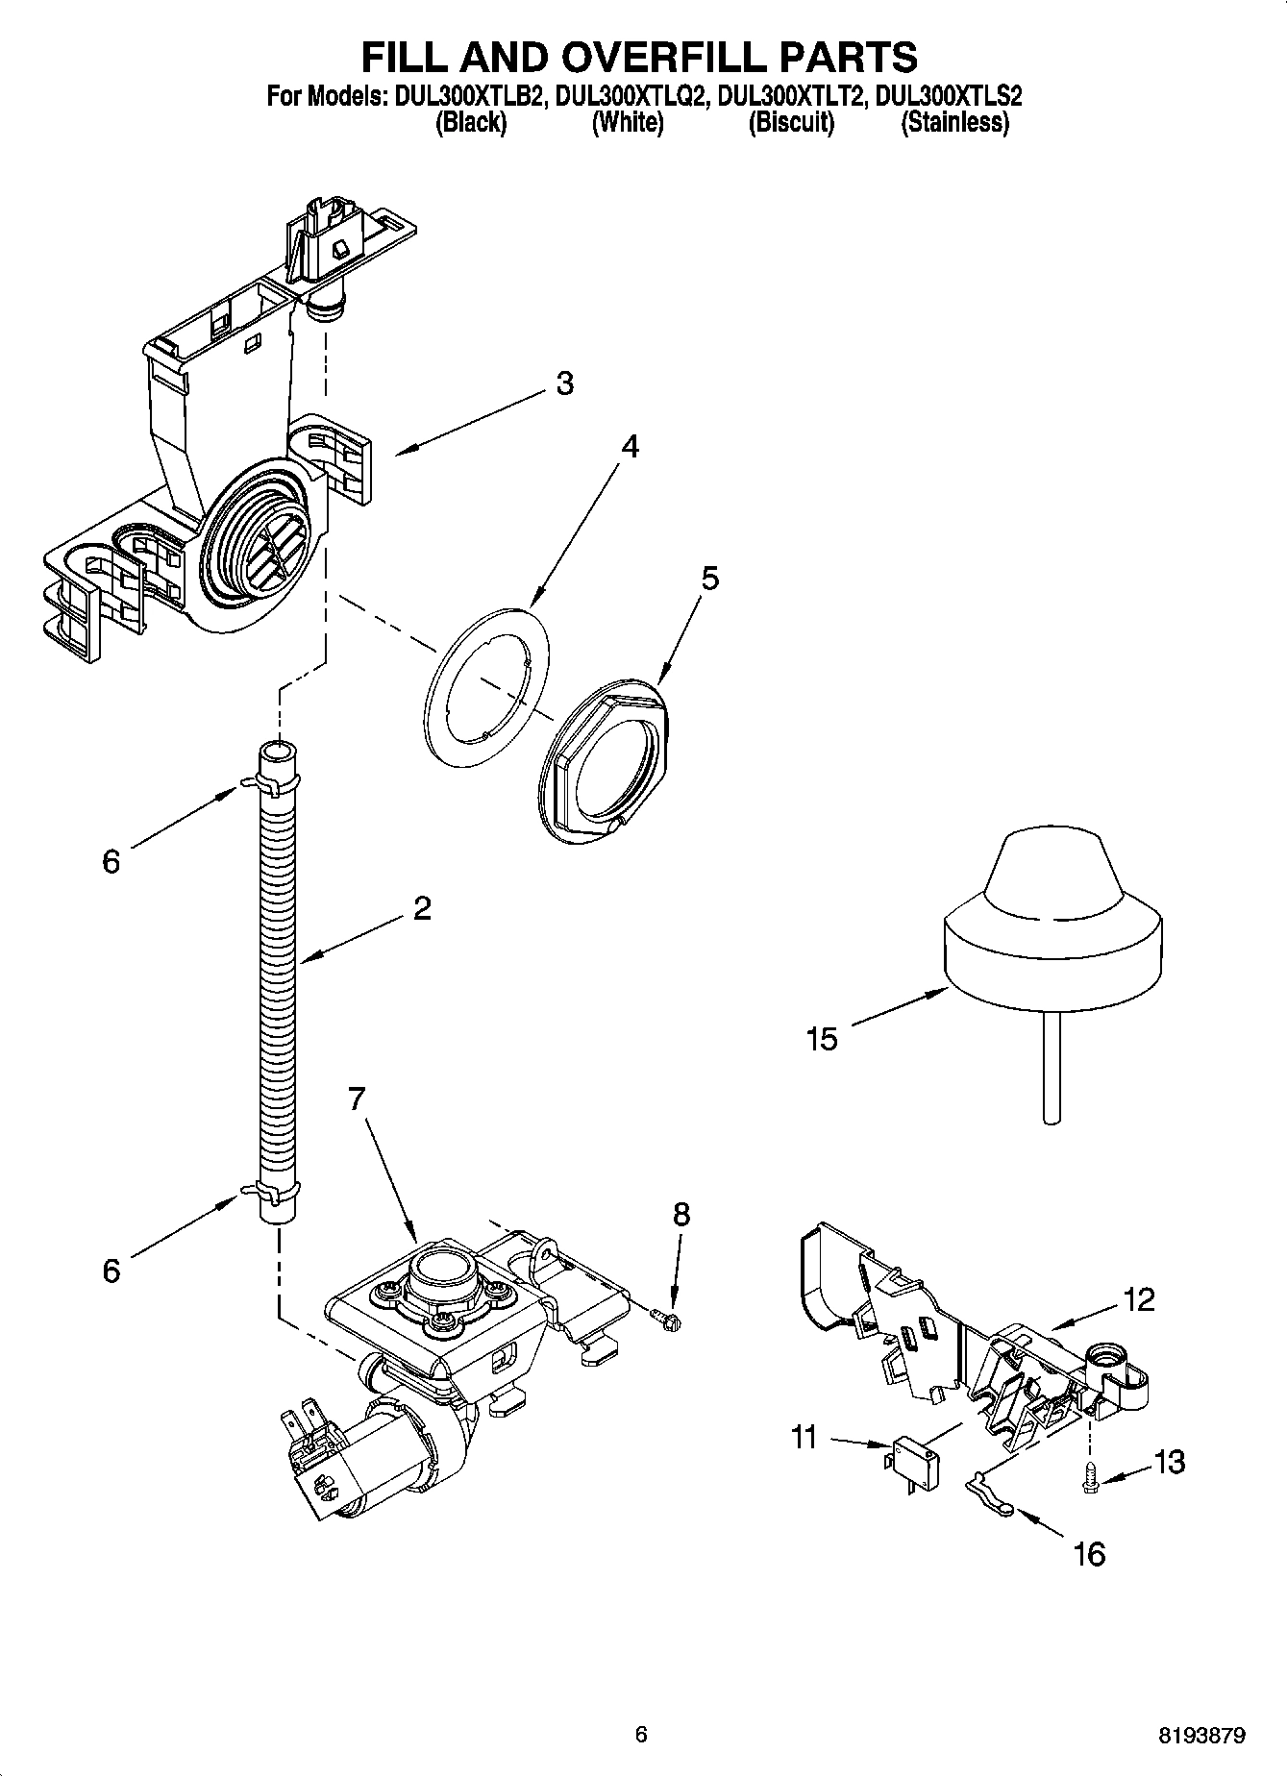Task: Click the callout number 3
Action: [564, 383]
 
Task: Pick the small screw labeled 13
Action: [1090, 1475]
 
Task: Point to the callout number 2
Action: [421, 908]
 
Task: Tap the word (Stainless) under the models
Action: [953, 122]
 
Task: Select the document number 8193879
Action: [1202, 1736]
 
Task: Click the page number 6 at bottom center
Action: [641, 1735]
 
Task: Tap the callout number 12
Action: [1138, 1300]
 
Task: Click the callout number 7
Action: [357, 1098]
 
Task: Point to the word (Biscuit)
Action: [791, 122]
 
